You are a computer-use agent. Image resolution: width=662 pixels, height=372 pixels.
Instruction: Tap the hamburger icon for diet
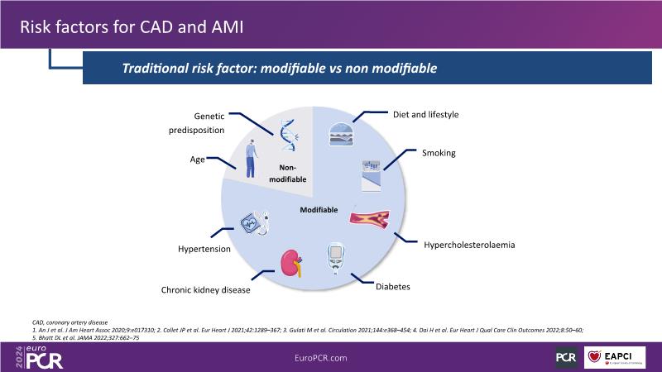pyautogui.click(x=341, y=134)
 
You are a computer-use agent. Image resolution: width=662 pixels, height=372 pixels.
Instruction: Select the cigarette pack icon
pyautogui.click(x=370, y=175)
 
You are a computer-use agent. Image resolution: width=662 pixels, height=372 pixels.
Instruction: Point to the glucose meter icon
pyautogui.click(x=336, y=258)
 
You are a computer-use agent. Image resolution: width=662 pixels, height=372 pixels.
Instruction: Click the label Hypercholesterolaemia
pyautogui.click(x=469, y=246)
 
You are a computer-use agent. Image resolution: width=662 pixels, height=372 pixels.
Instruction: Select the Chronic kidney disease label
pyautogui.click(x=206, y=290)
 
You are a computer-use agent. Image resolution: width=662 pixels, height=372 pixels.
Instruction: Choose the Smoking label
pyautogui.click(x=439, y=154)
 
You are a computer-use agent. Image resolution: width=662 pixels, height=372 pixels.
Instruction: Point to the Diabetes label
pyautogui.click(x=393, y=287)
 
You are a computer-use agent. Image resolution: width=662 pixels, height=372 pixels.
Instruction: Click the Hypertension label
pyautogui.click(x=204, y=248)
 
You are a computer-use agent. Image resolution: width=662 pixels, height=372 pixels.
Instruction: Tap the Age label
pyautogui.click(x=198, y=159)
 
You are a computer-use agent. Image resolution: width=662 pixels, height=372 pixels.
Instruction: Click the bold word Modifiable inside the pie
pyautogui.click(x=319, y=210)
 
